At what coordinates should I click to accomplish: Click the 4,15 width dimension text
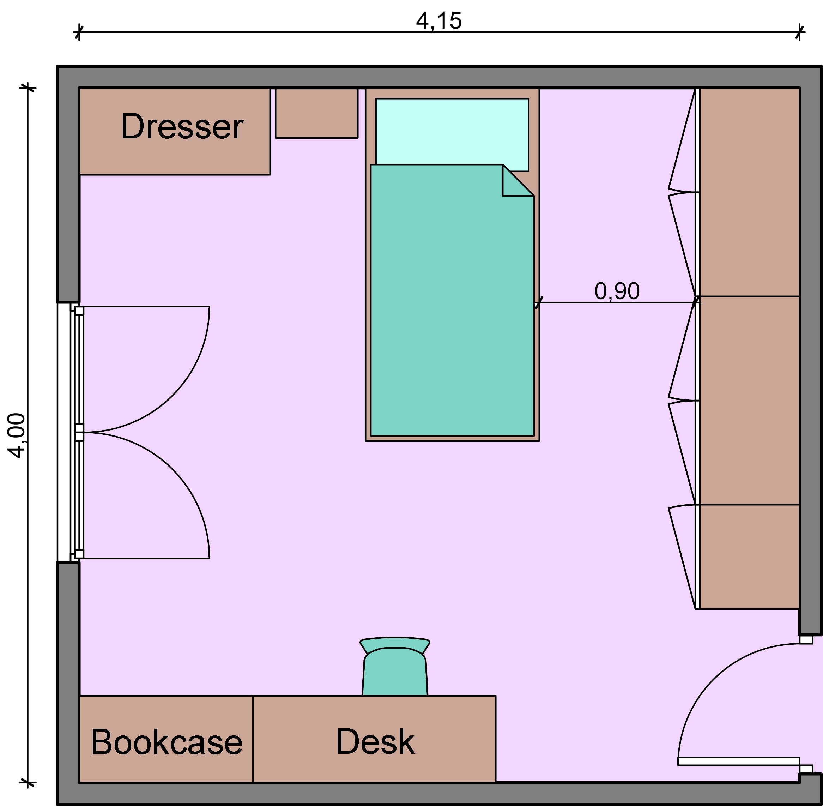click(439, 21)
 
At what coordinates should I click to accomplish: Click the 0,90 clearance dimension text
click(617, 291)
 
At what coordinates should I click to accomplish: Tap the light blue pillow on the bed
click(452, 132)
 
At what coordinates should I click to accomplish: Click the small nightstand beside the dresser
click(316, 113)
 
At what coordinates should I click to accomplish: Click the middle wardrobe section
click(749, 401)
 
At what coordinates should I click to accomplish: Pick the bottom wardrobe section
click(749, 557)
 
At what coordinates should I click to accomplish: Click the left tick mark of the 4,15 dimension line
click(79, 32)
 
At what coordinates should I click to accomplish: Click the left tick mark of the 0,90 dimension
click(538, 303)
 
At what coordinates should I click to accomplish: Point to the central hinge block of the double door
click(79, 432)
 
